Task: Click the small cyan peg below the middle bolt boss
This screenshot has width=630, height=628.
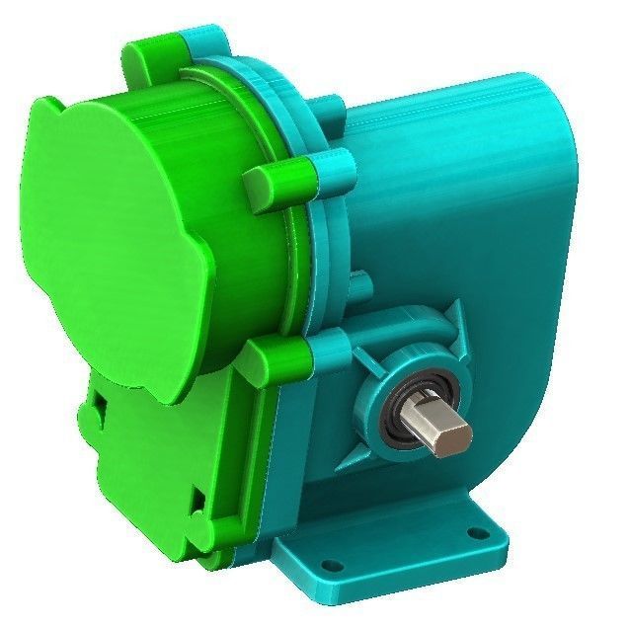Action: tap(359, 286)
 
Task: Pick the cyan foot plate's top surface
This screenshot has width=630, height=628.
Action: tap(395, 538)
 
